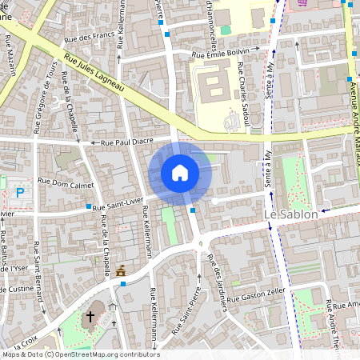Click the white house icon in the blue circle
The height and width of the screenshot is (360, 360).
click(x=180, y=172)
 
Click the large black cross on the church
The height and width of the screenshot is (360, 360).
click(x=90, y=317)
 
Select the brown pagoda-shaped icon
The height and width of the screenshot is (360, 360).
click(x=121, y=272)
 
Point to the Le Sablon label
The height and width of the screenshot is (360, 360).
click(x=291, y=215)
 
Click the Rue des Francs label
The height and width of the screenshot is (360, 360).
click(x=94, y=35)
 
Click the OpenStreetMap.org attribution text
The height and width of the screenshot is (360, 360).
click(x=91, y=354)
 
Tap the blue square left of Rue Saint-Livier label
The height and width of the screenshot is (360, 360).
click(x=88, y=207)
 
